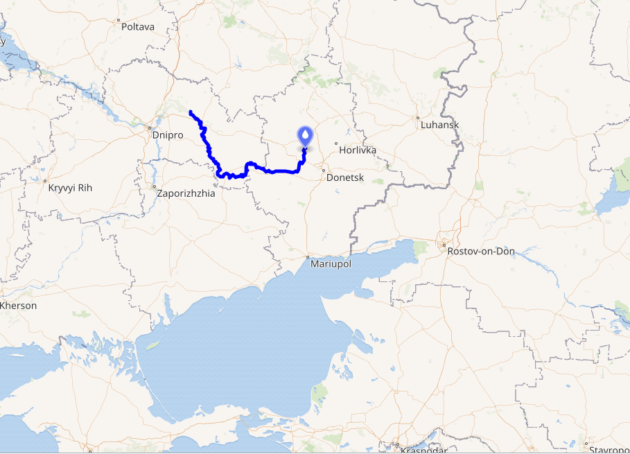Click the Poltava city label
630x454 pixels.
(x=138, y=27)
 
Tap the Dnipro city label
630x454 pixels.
(x=167, y=135)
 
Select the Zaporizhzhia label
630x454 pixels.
(x=186, y=193)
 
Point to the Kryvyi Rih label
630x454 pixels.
(x=69, y=188)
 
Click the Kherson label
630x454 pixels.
(x=19, y=306)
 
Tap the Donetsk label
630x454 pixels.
(x=344, y=177)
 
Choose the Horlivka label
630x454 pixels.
(x=358, y=150)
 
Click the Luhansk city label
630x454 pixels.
(x=439, y=125)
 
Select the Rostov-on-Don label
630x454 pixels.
(x=482, y=251)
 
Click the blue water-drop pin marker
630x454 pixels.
(x=305, y=137)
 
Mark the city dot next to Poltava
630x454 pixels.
(x=119, y=20)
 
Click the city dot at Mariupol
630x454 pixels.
(x=308, y=257)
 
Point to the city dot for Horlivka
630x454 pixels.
(x=336, y=143)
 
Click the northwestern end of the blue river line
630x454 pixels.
(x=191, y=112)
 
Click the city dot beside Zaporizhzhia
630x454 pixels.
(x=154, y=186)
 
